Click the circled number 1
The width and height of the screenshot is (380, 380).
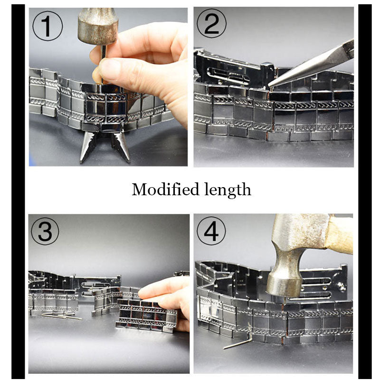click(x=47, y=27)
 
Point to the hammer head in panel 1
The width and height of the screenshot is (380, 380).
click(x=98, y=26)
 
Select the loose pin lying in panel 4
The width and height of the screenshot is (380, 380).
click(x=236, y=343)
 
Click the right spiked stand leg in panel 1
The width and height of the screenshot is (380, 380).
click(x=121, y=145)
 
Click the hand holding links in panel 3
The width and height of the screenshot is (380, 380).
click(x=166, y=297)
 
